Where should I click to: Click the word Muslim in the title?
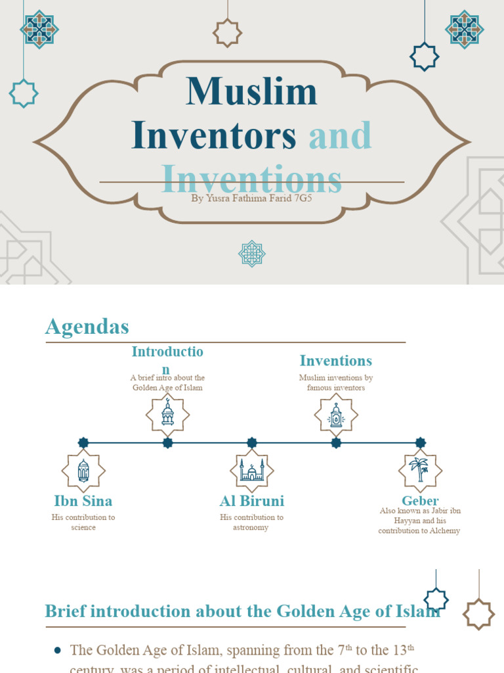tap(251, 92)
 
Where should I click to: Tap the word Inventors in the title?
tap(214, 135)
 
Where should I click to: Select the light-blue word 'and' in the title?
tap(340, 135)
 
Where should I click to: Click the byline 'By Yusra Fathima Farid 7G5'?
tap(251, 197)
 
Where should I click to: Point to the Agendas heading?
tap(87, 327)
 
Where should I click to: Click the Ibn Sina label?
tap(83, 501)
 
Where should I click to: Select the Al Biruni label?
tap(252, 501)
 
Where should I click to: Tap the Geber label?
tap(420, 501)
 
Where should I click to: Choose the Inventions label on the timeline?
tap(336, 361)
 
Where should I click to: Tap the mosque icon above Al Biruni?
tap(252, 471)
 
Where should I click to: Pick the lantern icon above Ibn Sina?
tap(83, 471)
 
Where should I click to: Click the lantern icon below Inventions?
tap(336, 415)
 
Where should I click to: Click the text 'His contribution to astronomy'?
tap(252, 522)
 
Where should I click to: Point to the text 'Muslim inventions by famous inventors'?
tap(336, 383)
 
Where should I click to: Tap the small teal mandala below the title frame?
tap(252, 254)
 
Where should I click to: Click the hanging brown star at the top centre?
tap(228, 33)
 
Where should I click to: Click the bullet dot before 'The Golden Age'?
tap(57, 651)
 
